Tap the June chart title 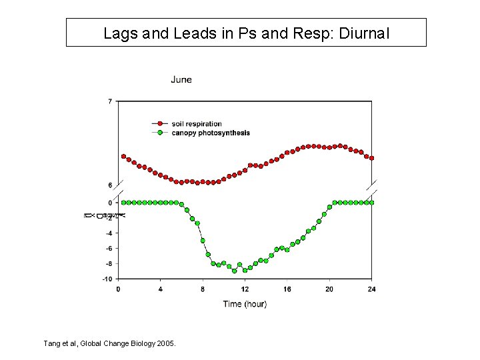coord(181,79)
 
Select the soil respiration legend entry coord(196,124)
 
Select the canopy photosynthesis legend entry coord(210,133)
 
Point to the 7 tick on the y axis coord(110,101)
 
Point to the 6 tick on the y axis coord(110,185)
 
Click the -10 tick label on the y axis coord(107,279)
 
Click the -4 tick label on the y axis coord(108,233)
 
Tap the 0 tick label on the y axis coord(110,203)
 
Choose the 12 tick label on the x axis coord(245,289)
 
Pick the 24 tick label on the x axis coord(371,289)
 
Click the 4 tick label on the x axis coord(160,289)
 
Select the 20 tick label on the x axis coord(329,289)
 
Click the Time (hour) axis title coord(245,304)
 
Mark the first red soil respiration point coord(123,157)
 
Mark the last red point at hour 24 coord(371,158)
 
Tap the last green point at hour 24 coord(371,202)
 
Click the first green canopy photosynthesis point coord(123,202)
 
